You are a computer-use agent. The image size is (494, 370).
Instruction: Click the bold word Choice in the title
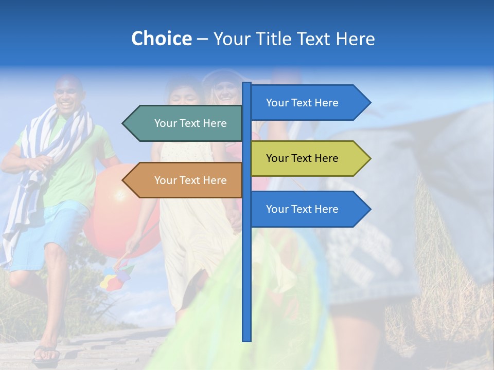[161, 39]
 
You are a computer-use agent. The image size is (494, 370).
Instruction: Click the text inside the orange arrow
[190, 180]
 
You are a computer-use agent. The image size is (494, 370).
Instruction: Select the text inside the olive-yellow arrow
[302, 158]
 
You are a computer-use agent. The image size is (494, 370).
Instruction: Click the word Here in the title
[355, 39]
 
